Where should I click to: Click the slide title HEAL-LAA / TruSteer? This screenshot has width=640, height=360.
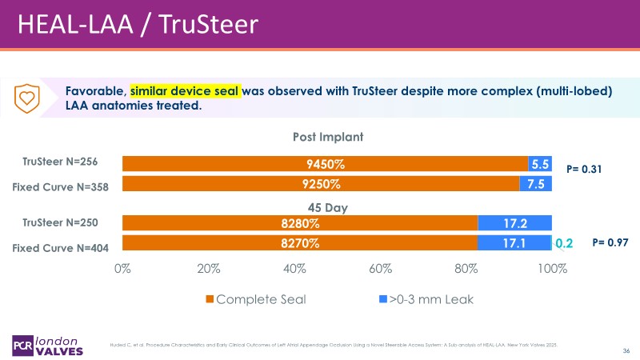pos(138,24)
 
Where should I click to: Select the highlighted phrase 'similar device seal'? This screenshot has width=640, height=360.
pos(186,90)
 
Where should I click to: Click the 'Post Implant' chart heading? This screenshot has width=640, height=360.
pos(327,137)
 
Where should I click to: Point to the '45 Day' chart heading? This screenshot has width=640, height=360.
pos(326,207)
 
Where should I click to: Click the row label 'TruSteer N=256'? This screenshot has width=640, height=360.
pos(66,162)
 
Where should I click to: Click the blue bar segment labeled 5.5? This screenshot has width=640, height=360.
pos(540,164)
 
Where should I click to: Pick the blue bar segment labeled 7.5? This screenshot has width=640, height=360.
pos(535,184)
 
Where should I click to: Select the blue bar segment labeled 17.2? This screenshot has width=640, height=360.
pos(514,223)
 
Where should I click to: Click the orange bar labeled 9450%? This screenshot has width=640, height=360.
pos(324,164)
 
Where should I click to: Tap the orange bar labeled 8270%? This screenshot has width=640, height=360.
pos(300,242)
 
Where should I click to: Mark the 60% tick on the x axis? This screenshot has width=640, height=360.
pos(380,269)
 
